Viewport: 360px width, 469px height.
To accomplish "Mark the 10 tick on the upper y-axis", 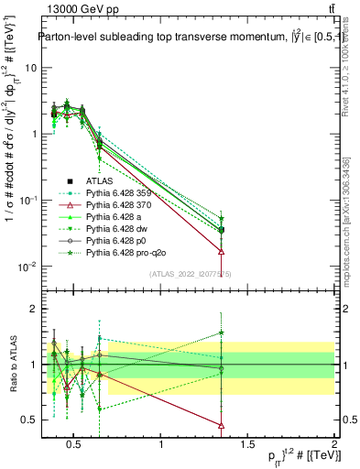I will (32, 68).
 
